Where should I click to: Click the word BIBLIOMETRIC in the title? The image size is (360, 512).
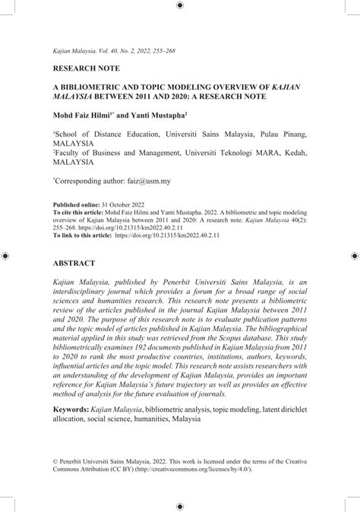[x=105, y=87]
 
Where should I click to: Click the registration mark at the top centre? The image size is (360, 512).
[x=179, y=5]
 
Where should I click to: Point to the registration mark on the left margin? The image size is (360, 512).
[x=5, y=256]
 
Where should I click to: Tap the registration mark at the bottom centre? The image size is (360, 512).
[x=179, y=506]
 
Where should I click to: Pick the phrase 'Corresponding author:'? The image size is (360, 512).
[x=90, y=182]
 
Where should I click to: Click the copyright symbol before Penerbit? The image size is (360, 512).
[x=55, y=461]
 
